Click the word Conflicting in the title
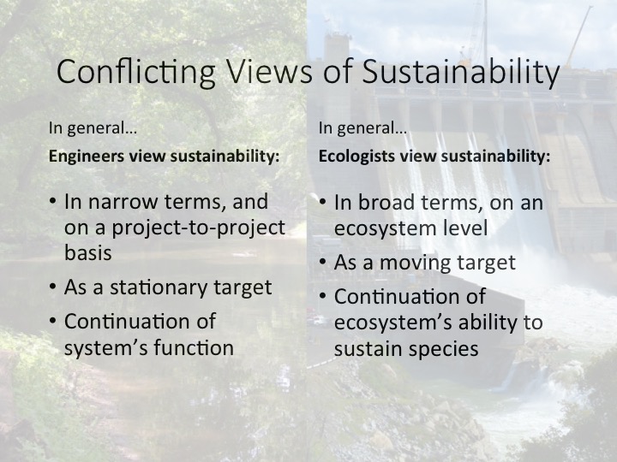pyautogui.click(x=136, y=72)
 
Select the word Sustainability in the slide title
pyautogui.click(x=460, y=72)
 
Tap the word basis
pyautogui.click(x=88, y=252)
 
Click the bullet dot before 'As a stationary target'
pyautogui.click(x=53, y=288)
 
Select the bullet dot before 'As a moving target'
pyautogui.click(x=323, y=262)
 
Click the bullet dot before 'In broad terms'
pyautogui.click(x=323, y=202)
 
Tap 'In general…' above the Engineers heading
pyautogui.click(x=93, y=128)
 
